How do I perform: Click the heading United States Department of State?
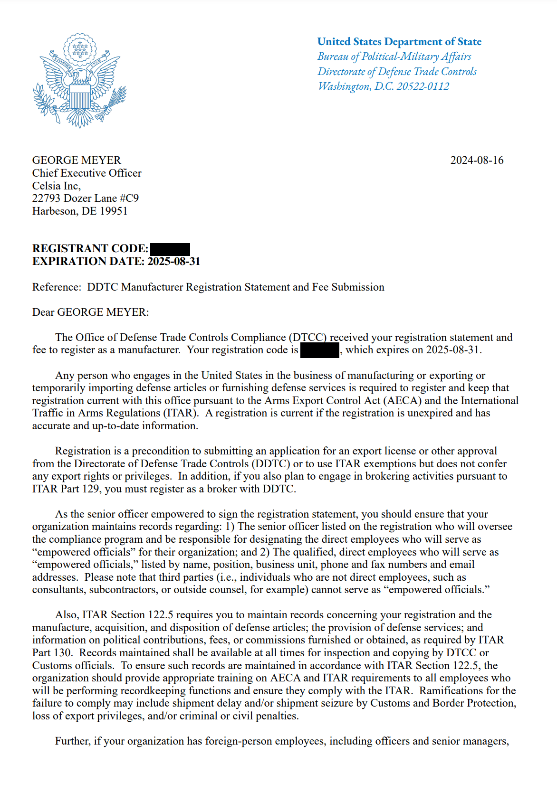point(399,42)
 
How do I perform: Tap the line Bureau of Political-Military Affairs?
point(394,57)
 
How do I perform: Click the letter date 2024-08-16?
point(477,160)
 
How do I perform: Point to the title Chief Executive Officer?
point(86,173)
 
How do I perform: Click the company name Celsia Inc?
point(57,186)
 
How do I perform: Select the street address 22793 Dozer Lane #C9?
point(86,198)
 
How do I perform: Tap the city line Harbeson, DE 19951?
point(80,211)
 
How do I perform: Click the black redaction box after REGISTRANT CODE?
point(170,249)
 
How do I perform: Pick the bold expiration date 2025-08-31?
point(174,262)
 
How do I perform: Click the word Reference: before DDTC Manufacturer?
point(57,287)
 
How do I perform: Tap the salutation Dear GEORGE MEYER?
point(90,312)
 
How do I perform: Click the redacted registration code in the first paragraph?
point(320,350)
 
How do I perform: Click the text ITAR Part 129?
point(66,489)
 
